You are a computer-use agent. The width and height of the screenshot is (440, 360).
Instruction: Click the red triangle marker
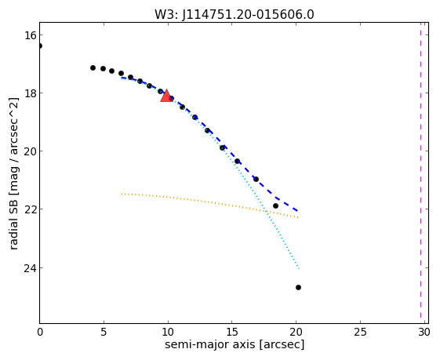pyautogui.click(x=166, y=96)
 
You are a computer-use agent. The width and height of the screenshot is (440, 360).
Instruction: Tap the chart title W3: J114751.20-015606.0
pyautogui.click(x=235, y=15)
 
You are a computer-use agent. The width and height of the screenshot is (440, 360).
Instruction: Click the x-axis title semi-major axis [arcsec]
pyautogui.click(x=235, y=344)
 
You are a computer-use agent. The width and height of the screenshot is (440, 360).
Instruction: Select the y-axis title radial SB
pyautogui.click(x=14, y=222)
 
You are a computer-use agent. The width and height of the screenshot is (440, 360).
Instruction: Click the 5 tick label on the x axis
pyautogui.click(x=104, y=333)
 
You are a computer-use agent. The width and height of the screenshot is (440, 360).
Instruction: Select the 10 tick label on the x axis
pyautogui.click(x=168, y=333)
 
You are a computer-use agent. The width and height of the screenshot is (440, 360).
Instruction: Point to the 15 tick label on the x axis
pyautogui.click(x=232, y=333)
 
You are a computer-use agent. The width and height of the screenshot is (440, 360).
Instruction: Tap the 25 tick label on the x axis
pyautogui.click(x=360, y=333)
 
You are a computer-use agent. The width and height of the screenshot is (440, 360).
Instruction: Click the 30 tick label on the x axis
pyautogui.click(x=424, y=333)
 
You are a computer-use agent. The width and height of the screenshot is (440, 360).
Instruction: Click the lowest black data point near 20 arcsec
pyautogui.click(x=298, y=287)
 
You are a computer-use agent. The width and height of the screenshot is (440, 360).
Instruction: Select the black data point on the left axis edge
pyautogui.click(x=40, y=45)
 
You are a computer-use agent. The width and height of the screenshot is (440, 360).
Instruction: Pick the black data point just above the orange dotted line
pyautogui.click(x=275, y=206)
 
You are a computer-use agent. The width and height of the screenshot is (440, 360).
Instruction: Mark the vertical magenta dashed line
pyautogui.click(x=420, y=170)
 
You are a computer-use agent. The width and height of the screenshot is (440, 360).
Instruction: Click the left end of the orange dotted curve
pyautogui.click(x=122, y=194)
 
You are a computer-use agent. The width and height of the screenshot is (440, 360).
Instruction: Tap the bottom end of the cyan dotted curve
pyautogui.click(x=299, y=268)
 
